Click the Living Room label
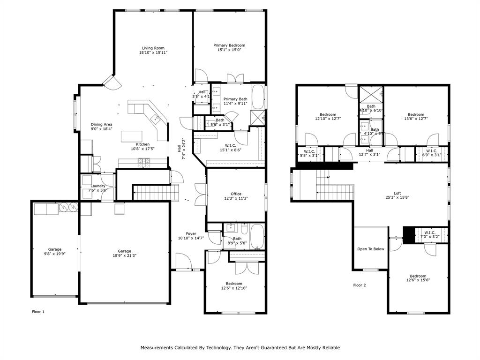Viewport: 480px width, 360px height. click(x=153, y=48)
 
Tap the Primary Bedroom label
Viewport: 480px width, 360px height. click(x=229, y=45)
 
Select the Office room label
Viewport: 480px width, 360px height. click(x=236, y=194)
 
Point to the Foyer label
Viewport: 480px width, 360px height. click(x=191, y=233)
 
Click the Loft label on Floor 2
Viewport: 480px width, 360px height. click(x=397, y=193)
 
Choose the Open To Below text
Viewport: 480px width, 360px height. click(x=371, y=249)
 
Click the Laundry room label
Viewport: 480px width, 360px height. click(x=97, y=186)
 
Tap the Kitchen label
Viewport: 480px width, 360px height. click(x=143, y=144)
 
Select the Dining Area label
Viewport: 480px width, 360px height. click(x=101, y=124)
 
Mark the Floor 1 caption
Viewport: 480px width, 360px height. click(x=38, y=311)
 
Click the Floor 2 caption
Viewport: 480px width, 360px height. click(x=360, y=285)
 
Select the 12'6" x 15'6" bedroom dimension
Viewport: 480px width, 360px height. click(x=418, y=280)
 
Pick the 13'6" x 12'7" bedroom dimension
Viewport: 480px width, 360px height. click(x=416, y=119)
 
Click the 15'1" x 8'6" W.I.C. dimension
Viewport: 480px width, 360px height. click(x=230, y=150)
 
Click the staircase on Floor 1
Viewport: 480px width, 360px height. click(x=156, y=192)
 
